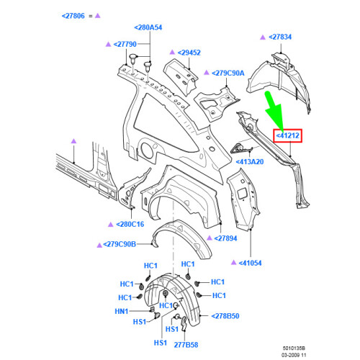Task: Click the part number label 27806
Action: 73,16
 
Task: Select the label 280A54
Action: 148,27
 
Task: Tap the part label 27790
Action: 125,45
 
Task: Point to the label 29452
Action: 189,53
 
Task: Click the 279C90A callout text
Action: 228,73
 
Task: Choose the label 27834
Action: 280,37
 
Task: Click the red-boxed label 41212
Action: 287,135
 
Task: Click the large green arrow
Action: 275,110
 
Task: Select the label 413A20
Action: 250,162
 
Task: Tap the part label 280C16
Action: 130,225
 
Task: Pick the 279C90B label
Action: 120,244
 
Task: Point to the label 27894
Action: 225,238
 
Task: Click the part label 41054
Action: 250,263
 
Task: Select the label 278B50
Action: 225,316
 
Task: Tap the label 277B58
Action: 186,345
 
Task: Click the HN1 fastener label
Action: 122,312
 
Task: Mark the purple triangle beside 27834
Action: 263,37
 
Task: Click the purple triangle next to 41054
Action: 233,262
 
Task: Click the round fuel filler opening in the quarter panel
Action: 147,150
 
